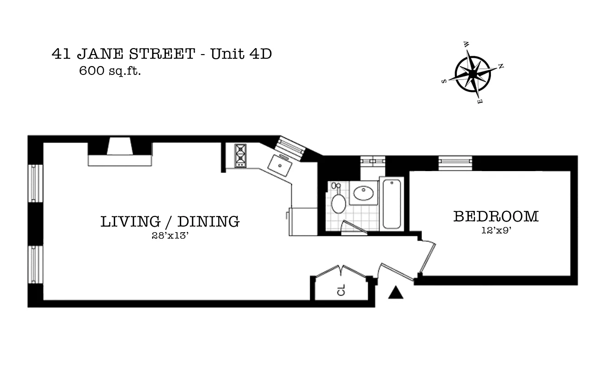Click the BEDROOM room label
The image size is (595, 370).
[496, 216]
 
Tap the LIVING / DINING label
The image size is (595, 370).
[170, 222]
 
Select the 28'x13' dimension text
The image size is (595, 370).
[170, 235]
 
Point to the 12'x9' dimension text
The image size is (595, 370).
[497, 230]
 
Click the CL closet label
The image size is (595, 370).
[341, 290]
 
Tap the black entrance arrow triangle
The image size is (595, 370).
[396, 292]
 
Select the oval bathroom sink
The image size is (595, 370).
[363, 193]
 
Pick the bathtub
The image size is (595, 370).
[392, 204]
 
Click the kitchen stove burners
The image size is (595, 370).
[240, 156]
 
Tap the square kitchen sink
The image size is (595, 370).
[280, 165]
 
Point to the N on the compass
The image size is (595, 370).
[501, 66]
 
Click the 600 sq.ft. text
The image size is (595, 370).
[110, 71]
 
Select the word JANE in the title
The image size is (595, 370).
[100, 54]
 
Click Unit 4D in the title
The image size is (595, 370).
[241, 54]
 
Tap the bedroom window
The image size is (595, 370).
[455, 163]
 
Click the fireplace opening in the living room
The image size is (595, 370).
[120, 146]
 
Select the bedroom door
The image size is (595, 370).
[427, 258]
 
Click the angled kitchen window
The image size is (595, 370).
[290, 148]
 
